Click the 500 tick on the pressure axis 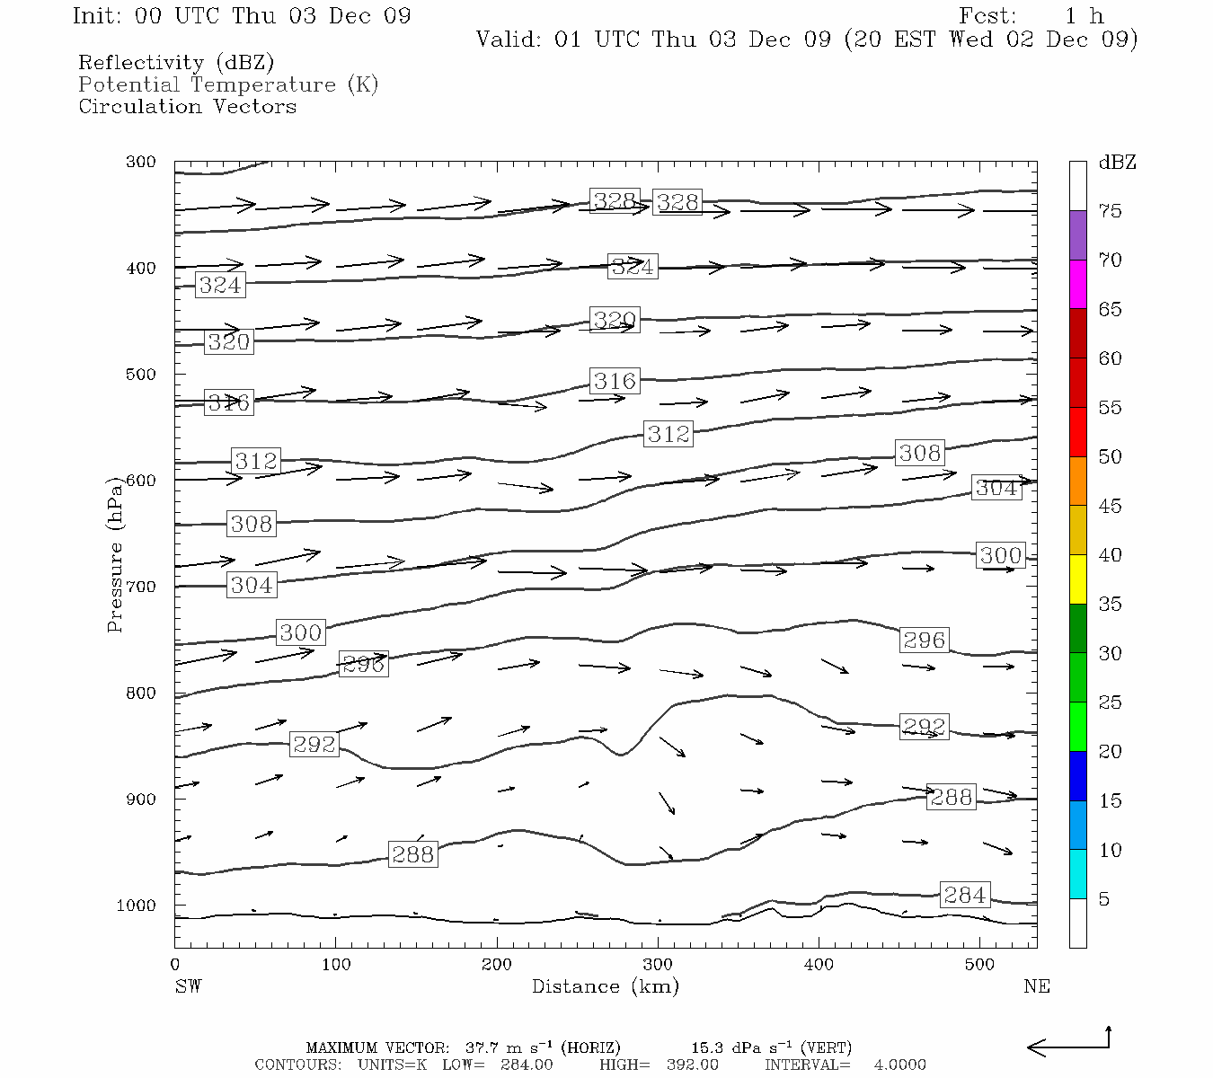(x=141, y=374)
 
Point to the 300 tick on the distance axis (x=658, y=965)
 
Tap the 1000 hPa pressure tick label (x=136, y=906)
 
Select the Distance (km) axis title (x=605, y=986)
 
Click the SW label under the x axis (x=188, y=986)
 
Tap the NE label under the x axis (x=1036, y=986)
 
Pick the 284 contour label (x=964, y=895)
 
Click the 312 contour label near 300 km (x=668, y=434)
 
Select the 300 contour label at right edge (x=1000, y=555)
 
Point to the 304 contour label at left (x=251, y=585)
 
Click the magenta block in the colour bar (x=1077, y=284)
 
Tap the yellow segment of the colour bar (x=1077, y=579)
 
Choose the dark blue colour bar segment (x=1077, y=775)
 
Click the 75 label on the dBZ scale (x=1110, y=211)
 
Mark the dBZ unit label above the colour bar (x=1117, y=163)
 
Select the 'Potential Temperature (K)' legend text (x=228, y=84)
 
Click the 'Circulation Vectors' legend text (x=187, y=106)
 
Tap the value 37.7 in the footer (x=480, y=1047)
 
